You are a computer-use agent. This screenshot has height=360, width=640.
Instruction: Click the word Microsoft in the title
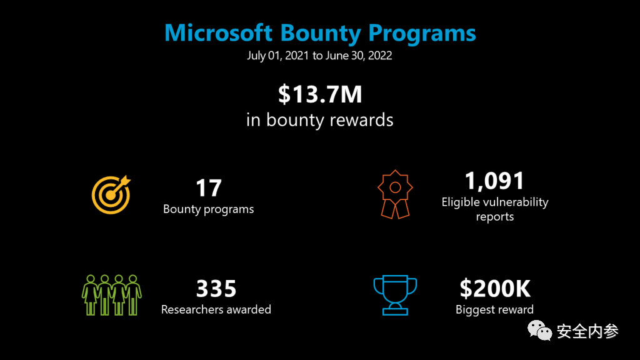click(x=218, y=32)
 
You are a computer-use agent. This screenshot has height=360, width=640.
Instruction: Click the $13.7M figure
click(x=320, y=94)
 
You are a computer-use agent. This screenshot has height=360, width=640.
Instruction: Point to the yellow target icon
click(x=111, y=195)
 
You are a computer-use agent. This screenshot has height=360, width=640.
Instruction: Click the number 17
click(x=209, y=188)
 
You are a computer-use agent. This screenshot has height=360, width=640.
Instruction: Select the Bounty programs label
click(x=209, y=209)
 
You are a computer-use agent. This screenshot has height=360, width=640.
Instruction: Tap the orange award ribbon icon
click(x=395, y=194)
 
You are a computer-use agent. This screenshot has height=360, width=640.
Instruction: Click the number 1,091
click(x=495, y=181)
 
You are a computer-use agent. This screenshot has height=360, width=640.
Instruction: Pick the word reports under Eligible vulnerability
click(x=495, y=217)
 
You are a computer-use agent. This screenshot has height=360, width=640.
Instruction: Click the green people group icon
click(x=111, y=295)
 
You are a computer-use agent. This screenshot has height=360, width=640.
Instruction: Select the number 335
click(x=216, y=289)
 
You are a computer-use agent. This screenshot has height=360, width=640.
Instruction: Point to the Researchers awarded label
click(x=216, y=309)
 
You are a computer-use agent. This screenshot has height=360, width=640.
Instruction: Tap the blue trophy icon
click(x=395, y=295)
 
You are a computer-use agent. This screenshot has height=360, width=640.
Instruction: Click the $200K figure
click(x=495, y=289)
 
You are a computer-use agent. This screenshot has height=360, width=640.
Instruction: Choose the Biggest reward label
click(x=495, y=310)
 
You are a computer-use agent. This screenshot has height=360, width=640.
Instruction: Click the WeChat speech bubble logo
click(x=539, y=330)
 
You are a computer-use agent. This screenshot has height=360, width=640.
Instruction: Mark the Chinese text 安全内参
click(x=587, y=331)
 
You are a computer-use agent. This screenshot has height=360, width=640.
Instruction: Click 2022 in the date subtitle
click(x=380, y=56)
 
